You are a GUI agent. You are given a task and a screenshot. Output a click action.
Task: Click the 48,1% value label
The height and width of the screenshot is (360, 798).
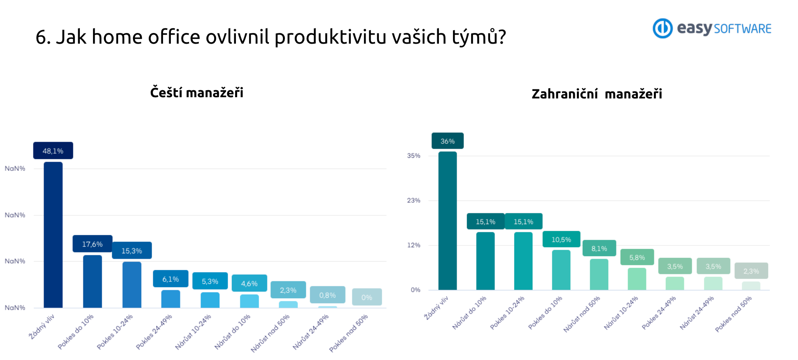tap(53, 151)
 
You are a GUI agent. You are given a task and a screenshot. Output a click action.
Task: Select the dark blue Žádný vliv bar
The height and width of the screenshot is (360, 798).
tap(53, 235)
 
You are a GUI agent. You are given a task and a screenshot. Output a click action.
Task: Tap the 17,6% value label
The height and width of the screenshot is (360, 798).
tap(92, 244)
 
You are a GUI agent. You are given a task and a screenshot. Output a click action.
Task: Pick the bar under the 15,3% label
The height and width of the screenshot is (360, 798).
tap(132, 285)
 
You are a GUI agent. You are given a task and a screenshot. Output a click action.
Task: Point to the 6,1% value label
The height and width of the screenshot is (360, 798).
tap(170, 279)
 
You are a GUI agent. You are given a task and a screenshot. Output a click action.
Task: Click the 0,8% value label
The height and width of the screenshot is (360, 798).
tap(327, 295)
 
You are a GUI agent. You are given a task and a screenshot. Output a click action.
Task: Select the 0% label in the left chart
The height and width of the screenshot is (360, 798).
tap(367, 297)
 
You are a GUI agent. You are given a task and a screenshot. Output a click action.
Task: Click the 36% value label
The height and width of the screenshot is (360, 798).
tap(448, 141)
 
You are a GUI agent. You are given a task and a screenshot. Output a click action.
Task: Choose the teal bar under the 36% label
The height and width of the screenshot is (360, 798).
tap(448, 221)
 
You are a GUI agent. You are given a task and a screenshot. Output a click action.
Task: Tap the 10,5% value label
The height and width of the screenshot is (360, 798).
tap(561, 239)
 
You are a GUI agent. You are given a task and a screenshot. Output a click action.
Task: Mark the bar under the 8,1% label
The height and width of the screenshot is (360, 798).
tap(599, 274)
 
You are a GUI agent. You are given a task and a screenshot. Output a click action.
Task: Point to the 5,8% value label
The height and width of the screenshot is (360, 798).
tap(637, 257)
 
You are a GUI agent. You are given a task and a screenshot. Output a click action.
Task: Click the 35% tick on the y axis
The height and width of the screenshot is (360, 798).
tap(414, 156)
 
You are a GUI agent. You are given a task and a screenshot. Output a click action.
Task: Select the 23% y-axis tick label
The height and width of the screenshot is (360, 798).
tap(414, 201)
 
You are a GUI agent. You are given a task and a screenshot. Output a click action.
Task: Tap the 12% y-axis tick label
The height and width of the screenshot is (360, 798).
tap(414, 245)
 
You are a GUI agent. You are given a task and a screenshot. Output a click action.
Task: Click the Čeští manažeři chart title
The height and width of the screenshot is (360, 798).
tap(197, 92)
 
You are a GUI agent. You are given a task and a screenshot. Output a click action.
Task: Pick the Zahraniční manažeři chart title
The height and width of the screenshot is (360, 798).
tap(597, 94)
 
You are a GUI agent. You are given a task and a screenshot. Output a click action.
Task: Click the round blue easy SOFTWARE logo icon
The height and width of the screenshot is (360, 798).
tap(663, 28)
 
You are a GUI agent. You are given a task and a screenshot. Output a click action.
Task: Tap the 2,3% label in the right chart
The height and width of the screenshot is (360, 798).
tap(751, 271)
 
